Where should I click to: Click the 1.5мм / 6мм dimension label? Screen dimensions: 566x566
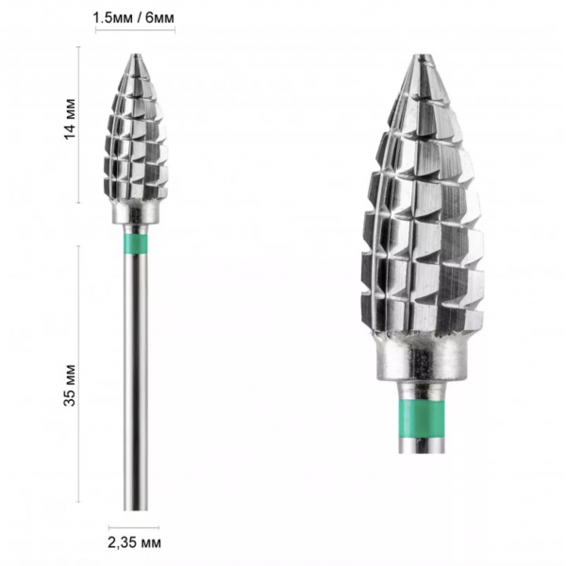tap(134, 18)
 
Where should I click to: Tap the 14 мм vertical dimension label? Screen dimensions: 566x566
tap(70, 119)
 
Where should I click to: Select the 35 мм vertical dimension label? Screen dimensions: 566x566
tap(70, 385)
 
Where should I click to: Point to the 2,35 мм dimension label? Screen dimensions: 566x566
tap(134, 542)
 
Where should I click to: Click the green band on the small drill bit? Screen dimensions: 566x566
tap(135, 244)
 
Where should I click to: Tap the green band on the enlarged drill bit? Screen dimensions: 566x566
tap(422, 415)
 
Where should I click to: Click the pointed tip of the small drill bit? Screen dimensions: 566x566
tap(135, 55)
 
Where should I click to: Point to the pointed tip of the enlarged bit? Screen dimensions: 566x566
tap(422, 56)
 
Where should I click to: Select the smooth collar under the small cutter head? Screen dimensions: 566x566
tap(135, 214)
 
